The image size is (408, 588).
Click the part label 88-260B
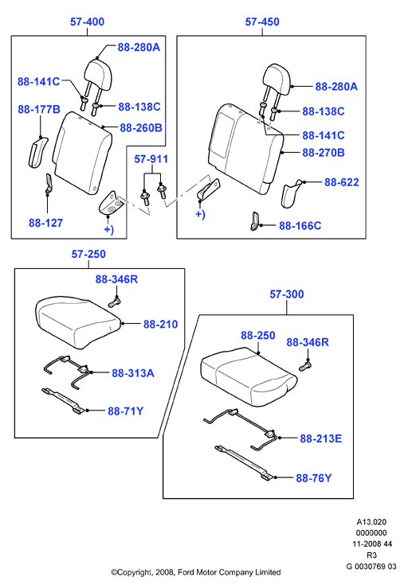click(141, 128)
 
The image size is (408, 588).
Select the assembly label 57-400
click(87, 21)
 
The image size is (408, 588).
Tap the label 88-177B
click(39, 109)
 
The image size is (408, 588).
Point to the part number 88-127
click(46, 223)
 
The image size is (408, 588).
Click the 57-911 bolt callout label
click(151, 159)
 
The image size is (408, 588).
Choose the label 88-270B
click(324, 153)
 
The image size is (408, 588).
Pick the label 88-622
click(342, 182)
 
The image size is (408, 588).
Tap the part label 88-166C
click(300, 226)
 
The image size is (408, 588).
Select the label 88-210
click(160, 325)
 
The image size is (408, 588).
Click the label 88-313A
click(133, 373)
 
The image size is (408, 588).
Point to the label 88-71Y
click(125, 411)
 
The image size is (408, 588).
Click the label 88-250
click(258, 335)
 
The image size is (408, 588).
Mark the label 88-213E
click(321, 438)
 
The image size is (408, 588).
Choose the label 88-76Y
click(314, 478)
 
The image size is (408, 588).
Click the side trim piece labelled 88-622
click(291, 193)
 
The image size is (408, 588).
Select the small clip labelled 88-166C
click(255, 221)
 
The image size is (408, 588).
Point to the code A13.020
click(371, 522)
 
